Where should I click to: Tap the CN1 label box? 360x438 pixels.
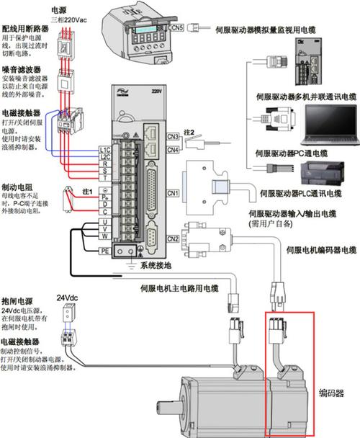tap(172, 193)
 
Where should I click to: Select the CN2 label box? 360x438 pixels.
tap(172, 238)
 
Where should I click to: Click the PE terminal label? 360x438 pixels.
tap(104, 251)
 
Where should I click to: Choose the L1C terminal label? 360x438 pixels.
tap(104, 149)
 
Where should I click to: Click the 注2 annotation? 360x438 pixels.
tap(189, 133)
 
